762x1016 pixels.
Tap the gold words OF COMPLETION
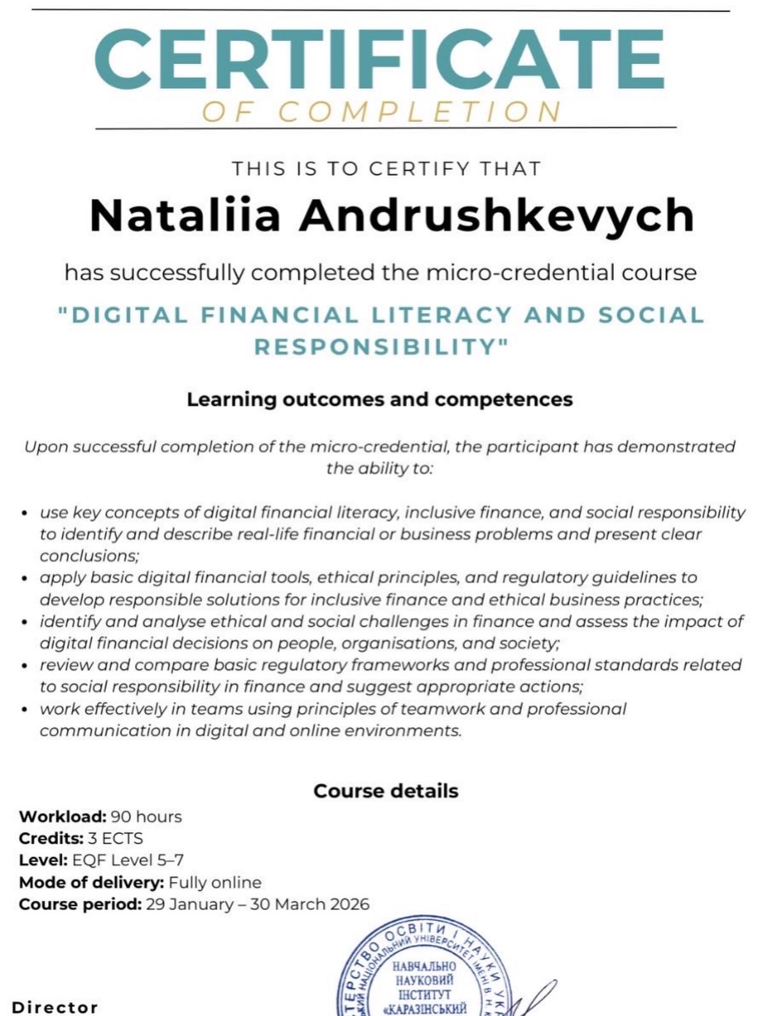(x=381, y=112)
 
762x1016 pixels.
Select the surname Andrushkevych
(x=496, y=215)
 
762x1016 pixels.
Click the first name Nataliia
(x=185, y=215)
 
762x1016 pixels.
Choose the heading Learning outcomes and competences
(x=379, y=400)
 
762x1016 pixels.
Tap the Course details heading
(x=386, y=791)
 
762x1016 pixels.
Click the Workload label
(x=63, y=817)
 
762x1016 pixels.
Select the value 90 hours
(x=146, y=817)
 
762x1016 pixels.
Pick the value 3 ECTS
(x=115, y=838)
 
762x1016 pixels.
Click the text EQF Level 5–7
(x=128, y=860)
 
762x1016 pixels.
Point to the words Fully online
(x=215, y=883)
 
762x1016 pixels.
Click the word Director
(x=55, y=1008)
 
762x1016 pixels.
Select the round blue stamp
(x=422, y=974)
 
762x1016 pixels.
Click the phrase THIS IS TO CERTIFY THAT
(x=386, y=169)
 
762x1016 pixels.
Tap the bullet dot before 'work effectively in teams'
(x=24, y=709)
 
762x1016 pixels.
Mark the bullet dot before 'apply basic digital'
(x=24, y=579)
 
